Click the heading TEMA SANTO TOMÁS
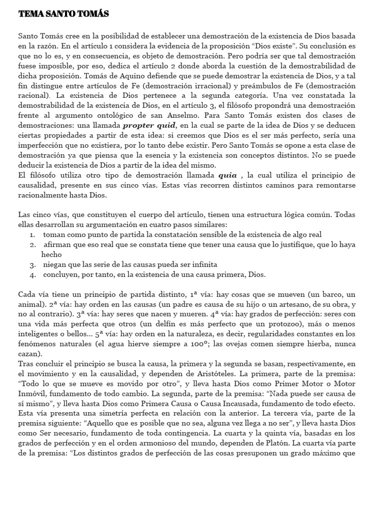coord(63,13)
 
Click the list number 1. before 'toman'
coord(32,235)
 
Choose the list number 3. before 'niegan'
coord(32,264)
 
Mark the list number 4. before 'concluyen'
coord(32,274)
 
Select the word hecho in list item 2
coord(51,255)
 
